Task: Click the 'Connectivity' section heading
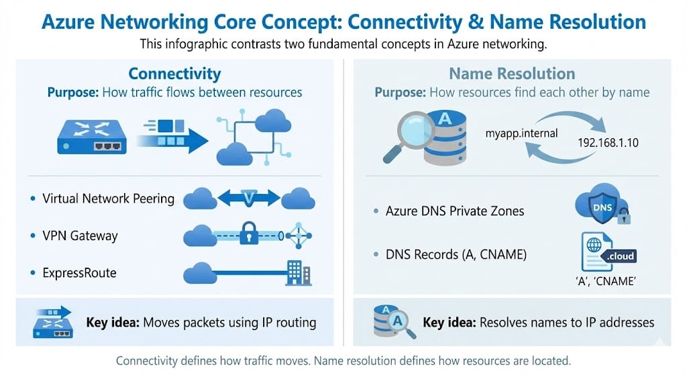coord(174,73)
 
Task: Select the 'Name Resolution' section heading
coord(512,73)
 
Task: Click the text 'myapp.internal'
coord(521,133)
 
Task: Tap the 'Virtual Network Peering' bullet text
coord(108,199)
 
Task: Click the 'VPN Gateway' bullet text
coord(80,235)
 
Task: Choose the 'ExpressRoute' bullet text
coord(79,273)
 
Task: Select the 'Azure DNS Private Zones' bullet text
coord(455,211)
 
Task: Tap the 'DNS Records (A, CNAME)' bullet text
coord(455,254)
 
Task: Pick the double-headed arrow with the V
coord(248,198)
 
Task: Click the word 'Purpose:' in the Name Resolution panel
coord(401,92)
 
